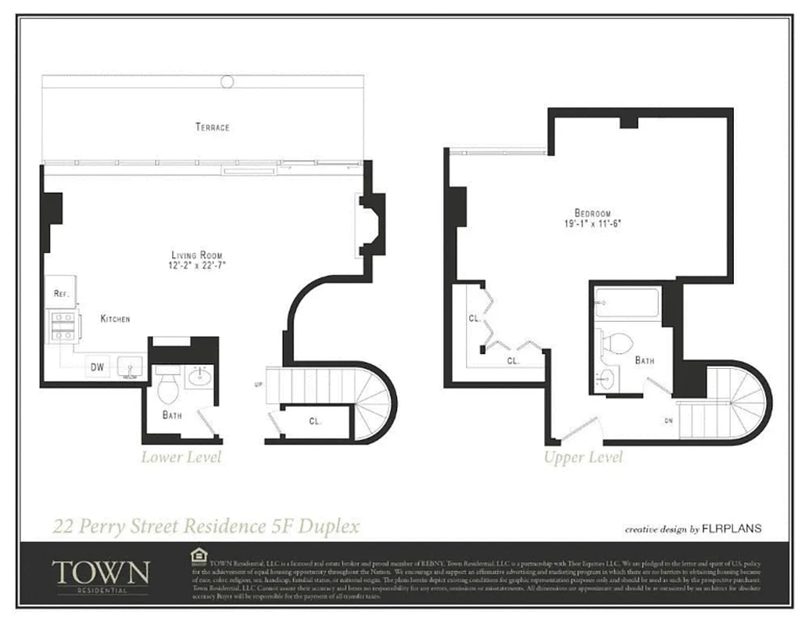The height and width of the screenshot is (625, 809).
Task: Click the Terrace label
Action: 213,127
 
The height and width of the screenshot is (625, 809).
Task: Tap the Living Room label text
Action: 198,255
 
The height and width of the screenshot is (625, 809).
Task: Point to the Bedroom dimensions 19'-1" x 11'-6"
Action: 592,223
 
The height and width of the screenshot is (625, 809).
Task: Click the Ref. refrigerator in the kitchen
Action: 62,293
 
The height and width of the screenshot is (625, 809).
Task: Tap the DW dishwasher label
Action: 98,366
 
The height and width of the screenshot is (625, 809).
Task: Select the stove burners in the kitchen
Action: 62,325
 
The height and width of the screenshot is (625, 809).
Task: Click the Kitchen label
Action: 115,319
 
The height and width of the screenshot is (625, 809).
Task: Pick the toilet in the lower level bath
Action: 168,386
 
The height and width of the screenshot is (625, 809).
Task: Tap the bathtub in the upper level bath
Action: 627,304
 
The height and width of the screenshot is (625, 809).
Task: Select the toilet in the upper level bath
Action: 620,343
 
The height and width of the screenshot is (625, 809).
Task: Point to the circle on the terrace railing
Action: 227,80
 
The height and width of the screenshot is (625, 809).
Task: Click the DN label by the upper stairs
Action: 668,420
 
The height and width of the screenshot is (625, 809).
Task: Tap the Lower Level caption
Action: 181,457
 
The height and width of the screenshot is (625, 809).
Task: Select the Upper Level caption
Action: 583,457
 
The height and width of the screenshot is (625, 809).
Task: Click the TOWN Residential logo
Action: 100,573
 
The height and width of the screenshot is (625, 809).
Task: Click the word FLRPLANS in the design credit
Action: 732,529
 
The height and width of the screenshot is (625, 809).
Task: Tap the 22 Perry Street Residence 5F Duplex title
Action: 206,526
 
